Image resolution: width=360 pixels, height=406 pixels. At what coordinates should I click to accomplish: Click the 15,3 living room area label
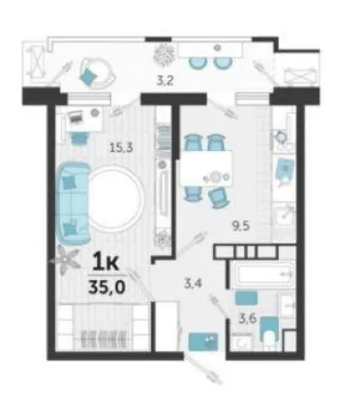tap(121, 148)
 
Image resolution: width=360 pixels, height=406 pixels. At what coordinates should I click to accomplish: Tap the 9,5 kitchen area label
tap(242, 226)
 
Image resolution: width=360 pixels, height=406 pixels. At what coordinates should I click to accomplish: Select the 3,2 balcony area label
tap(165, 80)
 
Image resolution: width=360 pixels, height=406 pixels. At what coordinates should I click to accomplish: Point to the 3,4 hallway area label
tap(193, 284)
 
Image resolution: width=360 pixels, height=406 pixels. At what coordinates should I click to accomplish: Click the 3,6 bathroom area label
tap(248, 319)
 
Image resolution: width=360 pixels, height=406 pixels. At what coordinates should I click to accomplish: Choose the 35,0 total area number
tap(106, 287)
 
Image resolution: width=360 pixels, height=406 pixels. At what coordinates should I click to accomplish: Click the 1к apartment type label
tap(105, 262)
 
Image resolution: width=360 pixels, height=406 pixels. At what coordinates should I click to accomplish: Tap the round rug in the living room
tap(115, 198)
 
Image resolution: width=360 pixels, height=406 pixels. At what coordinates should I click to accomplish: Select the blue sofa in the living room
tap(74, 203)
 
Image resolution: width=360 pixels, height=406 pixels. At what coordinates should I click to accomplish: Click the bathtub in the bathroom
tap(262, 274)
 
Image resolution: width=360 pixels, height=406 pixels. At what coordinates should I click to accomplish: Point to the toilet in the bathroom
tap(269, 333)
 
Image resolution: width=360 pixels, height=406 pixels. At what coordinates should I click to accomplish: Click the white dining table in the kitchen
tap(206, 168)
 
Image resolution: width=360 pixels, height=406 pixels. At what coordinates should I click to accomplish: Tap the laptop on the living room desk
tap(76, 117)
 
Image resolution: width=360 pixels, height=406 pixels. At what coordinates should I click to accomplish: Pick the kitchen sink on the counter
tap(285, 214)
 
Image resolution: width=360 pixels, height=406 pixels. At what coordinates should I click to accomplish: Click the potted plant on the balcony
tap(165, 54)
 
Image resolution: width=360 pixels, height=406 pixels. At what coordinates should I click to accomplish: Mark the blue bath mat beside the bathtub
tap(246, 298)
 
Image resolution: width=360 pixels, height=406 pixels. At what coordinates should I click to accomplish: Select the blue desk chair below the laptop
tap(78, 138)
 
